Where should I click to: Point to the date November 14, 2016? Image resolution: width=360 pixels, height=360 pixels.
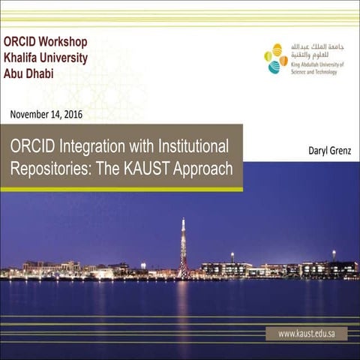[46, 115]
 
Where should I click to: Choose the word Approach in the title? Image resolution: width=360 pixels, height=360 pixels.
[203, 167]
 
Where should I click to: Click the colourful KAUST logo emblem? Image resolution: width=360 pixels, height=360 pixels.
[275, 58]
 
